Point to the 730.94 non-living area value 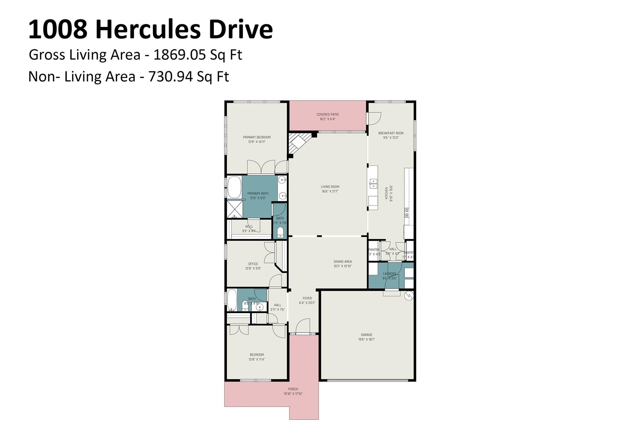(x=170, y=77)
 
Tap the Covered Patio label (x=328, y=114)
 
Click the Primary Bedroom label (x=257, y=137)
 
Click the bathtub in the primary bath (x=234, y=187)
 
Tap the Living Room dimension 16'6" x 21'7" (x=330, y=191)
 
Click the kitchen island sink (x=373, y=183)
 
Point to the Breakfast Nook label (x=391, y=133)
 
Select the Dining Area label (x=343, y=262)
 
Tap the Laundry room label (x=389, y=274)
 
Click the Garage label (x=366, y=334)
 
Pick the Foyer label (x=307, y=298)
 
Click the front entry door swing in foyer (x=303, y=326)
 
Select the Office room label (x=253, y=264)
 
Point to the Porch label (x=293, y=389)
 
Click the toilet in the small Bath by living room (x=280, y=232)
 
